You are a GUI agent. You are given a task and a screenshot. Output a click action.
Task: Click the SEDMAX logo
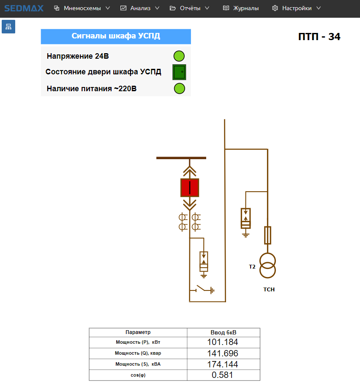point(24,8)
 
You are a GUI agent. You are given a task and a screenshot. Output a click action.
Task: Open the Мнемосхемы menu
point(82,8)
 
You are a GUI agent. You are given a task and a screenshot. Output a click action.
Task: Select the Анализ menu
point(140,8)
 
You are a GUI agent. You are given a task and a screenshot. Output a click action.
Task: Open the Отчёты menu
point(189,8)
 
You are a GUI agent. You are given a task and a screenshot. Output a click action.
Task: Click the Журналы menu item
point(241,8)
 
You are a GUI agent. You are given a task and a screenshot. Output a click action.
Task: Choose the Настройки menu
point(297,8)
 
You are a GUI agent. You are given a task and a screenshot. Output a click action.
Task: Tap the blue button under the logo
point(8,27)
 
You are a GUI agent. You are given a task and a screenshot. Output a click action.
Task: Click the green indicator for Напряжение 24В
point(179,56)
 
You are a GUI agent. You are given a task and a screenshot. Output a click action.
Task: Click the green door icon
point(179,72)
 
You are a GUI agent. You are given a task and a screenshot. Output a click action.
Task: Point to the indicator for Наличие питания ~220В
point(179,89)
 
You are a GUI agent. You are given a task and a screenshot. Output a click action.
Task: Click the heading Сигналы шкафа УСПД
point(116,36)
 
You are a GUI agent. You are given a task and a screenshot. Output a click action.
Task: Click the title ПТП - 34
point(319,37)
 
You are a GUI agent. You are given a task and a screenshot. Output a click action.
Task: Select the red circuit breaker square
point(190,187)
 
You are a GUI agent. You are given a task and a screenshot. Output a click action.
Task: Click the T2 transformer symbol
point(267,266)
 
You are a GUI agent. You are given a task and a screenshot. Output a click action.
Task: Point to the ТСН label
point(269,289)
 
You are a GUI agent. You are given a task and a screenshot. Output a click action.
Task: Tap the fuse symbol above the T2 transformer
point(267,235)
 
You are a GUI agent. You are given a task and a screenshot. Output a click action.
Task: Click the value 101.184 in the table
point(223,342)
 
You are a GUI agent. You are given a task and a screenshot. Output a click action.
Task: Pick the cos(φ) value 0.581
point(223,375)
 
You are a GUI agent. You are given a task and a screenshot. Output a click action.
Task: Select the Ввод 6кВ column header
point(223,332)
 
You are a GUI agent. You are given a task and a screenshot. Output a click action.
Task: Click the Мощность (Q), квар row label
point(138,353)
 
